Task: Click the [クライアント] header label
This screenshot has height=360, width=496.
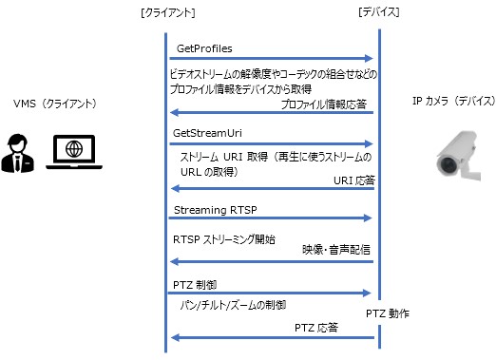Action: [167, 12]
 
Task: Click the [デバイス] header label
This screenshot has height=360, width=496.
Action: [377, 12]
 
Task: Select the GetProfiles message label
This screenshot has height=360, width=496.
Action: [204, 47]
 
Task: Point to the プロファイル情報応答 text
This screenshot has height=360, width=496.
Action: [326, 104]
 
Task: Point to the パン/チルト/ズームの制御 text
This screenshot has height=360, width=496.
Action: [232, 305]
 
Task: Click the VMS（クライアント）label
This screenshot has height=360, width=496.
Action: [55, 103]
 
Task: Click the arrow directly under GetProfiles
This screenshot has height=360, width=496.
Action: [272, 59]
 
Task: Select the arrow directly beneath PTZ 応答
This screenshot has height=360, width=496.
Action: [272, 338]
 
